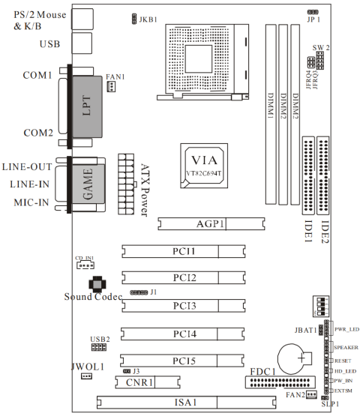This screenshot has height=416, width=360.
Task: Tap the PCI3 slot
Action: (184, 306)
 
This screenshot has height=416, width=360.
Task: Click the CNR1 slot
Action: (148, 382)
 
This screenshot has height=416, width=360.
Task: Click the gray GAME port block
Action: (85, 186)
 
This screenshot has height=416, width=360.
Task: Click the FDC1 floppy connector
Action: (286, 384)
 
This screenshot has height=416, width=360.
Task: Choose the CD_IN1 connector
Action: (83, 265)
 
